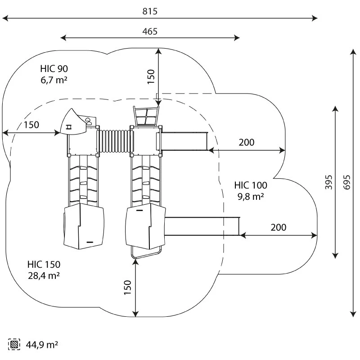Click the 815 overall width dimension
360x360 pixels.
[150, 11]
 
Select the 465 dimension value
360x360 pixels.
[150, 31]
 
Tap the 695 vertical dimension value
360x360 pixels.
[347, 182]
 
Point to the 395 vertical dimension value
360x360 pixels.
[329, 182]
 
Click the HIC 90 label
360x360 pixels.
[54, 69]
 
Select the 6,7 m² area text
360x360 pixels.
[54, 80]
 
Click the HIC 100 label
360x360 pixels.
[251, 185]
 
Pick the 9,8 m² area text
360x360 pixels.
[251, 197]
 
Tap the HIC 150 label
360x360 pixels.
[44, 265]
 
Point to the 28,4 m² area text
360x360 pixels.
[44, 276]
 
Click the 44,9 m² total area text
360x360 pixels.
[42, 345]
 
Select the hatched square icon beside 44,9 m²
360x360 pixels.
[14, 344]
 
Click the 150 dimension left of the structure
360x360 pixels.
[31, 125]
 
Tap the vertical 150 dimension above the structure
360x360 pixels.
[151, 76]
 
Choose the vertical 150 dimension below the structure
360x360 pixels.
[127, 288]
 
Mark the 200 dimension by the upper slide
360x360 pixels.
[247, 142]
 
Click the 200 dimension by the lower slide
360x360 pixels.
[279, 227]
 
